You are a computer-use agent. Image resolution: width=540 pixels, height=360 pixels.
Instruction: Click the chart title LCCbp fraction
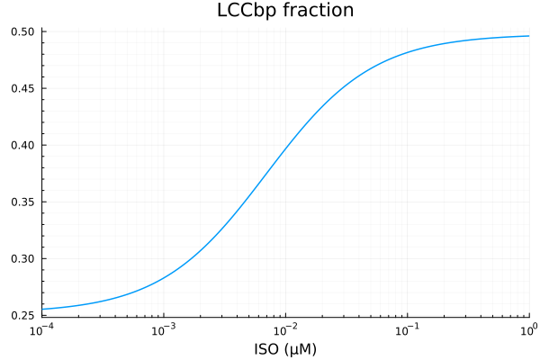click(285, 12)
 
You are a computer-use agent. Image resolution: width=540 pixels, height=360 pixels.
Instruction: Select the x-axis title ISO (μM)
click(285, 347)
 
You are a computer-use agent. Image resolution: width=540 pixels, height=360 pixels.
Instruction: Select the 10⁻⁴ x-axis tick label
click(41, 330)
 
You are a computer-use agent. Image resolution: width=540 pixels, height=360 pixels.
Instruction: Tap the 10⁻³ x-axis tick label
click(164, 330)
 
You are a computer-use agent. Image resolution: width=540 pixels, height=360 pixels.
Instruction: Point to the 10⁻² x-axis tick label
click(286, 330)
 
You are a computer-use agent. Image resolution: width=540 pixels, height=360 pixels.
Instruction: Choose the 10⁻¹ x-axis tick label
click(408, 330)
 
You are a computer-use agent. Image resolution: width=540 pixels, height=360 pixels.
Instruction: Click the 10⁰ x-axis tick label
click(527, 330)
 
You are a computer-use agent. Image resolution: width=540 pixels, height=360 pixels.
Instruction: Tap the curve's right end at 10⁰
click(529, 36)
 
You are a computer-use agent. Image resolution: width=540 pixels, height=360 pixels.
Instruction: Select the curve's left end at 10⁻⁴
click(42, 309)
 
